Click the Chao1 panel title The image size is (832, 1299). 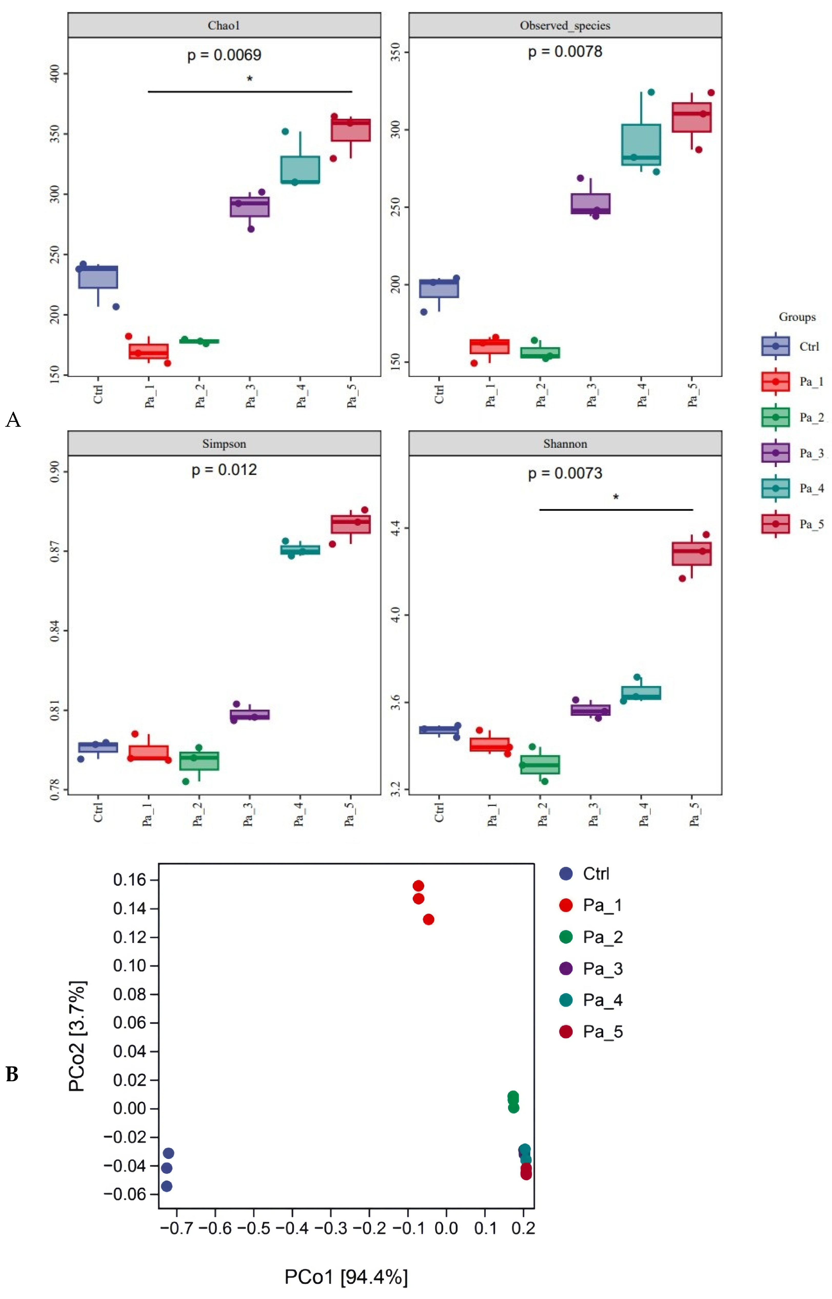point(224,25)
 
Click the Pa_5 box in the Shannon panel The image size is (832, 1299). point(691,554)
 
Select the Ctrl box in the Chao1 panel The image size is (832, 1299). point(98,277)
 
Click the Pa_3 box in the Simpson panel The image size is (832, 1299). point(250,715)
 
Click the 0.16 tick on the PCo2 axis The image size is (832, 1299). point(130,880)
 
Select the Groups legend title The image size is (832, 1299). point(797,317)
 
